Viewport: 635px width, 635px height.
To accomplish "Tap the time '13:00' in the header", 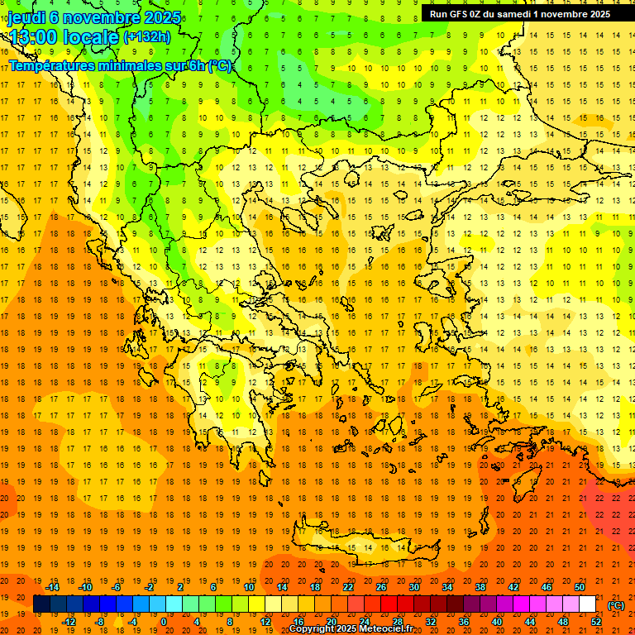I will pyautogui.click(x=34, y=36).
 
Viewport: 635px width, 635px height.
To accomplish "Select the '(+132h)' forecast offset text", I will pyautogui.click(x=146, y=37).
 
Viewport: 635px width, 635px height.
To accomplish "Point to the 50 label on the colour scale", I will pyautogui.click(x=579, y=586).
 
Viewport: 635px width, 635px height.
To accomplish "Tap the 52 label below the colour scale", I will pyautogui.click(x=595, y=621).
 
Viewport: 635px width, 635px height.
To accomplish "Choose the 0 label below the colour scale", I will pyautogui.click(x=165, y=621).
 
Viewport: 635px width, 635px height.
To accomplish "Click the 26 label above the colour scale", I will pyautogui.click(x=381, y=586).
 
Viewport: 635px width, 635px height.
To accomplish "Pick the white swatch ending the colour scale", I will pyautogui.click(x=587, y=604).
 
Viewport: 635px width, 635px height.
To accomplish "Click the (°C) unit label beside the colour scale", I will pyautogui.click(x=616, y=604).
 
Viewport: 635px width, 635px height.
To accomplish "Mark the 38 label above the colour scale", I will pyautogui.click(x=480, y=586).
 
